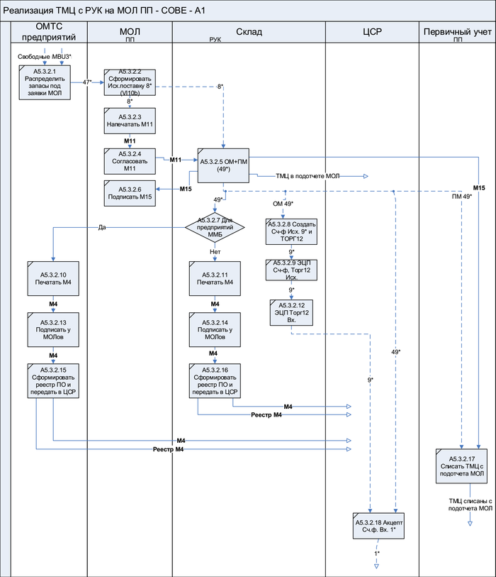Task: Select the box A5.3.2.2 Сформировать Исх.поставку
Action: [x=130, y=83]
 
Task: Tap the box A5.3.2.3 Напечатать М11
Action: [x=130, y=120]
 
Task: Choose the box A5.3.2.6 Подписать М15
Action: [x=130, y=194]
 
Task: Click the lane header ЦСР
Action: [x=372, y=33]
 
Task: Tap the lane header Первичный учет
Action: [x=456, y=33]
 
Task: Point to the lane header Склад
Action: [x=249, y=33]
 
